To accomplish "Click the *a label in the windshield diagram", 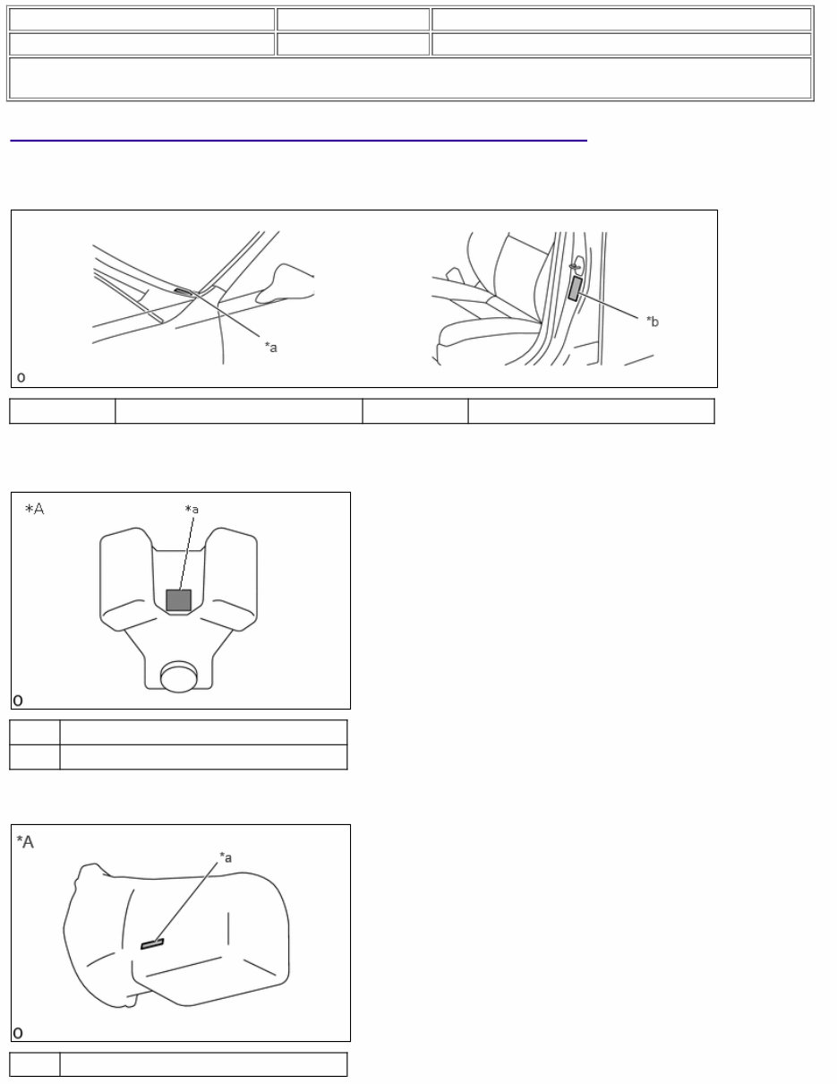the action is click(270, 347).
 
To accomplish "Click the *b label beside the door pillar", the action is click(652, 322).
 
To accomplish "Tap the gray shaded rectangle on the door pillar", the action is click(576, 288).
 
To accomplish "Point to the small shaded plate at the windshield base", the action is click(183, 292).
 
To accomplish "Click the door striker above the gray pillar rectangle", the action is click(577, 264).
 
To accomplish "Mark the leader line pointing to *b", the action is click(608, 305).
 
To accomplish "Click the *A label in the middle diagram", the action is click(34, 509).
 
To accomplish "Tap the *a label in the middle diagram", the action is click(192, 510).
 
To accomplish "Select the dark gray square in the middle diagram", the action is click(178, 600).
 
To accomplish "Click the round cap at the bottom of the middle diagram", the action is click(178, 677).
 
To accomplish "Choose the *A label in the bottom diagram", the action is click(25, 842).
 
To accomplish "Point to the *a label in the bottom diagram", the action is click(226, 857).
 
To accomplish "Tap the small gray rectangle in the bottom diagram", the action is click(152, 944).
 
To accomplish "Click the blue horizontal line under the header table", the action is click(299, 141).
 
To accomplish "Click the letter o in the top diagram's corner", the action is click(21, 377).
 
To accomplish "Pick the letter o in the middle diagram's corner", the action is click(18, 701).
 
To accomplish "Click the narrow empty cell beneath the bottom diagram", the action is click(34, 1064).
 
